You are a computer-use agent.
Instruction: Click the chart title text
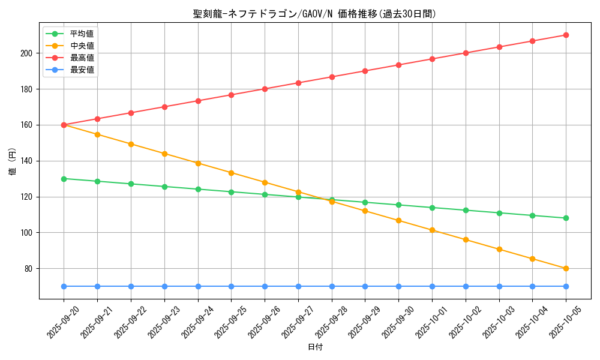coord(315,14)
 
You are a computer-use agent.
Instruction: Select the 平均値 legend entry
coord(82,34)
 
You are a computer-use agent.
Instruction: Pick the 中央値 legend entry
coord(82,46)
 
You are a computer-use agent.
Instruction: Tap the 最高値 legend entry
coord(82,58)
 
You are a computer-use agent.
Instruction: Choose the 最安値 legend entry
coord(82,70)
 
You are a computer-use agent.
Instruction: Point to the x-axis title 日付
coord(315,347)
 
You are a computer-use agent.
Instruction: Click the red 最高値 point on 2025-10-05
coord(566,35)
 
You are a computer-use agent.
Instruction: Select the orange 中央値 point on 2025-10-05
coord(566,268)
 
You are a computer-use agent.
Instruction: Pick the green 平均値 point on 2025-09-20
coord(64,179)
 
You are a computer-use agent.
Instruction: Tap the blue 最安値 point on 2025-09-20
coord(64,286)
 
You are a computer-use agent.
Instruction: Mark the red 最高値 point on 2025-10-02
coord(466,53)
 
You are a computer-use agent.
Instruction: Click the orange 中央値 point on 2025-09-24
coord(197,163)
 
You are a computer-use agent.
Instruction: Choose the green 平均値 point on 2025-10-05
coord(566,218)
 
